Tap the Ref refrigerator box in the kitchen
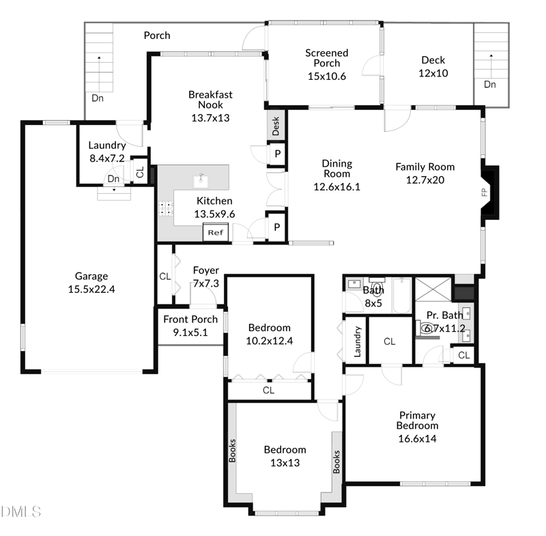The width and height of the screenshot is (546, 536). (215, 233)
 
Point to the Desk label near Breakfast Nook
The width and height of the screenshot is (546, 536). (276, 126)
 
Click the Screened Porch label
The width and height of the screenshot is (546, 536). (326, 64)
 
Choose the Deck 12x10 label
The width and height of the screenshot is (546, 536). (433, 67)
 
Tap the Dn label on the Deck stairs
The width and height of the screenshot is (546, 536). (490, 84)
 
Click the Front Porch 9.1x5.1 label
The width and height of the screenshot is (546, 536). (190, 326)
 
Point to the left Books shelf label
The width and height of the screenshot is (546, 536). (232, 451)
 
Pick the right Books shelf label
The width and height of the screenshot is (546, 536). (336, 462)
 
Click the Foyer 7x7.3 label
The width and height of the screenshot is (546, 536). (205, 277)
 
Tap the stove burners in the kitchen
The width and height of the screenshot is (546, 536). (165, 208)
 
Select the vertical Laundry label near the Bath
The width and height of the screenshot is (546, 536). (356, 341)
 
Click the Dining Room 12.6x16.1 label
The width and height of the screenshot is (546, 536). (336, 175)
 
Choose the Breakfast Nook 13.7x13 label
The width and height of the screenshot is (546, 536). (210, 106)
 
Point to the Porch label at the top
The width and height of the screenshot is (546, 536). (157, 36)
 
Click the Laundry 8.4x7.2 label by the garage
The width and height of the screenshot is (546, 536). (106, 152)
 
